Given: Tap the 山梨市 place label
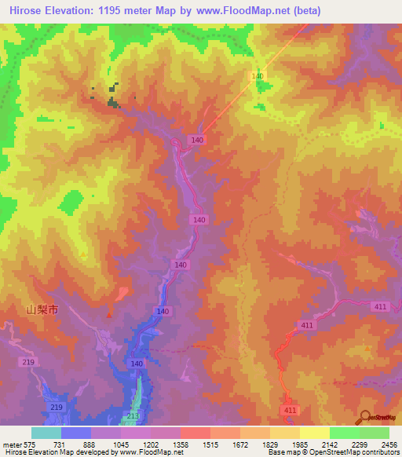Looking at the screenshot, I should tap(42, 310).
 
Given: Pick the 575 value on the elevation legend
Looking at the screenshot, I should tap(30, 444).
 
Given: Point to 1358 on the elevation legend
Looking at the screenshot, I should tap(181, 444).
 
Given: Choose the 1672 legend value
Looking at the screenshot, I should tap(240, 444).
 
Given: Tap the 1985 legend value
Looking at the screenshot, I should tap(300, 444).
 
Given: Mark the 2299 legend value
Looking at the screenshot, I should tap(360, 444).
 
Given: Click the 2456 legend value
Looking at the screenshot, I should tap(389, 444).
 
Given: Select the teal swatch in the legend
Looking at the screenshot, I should tap(46, 433).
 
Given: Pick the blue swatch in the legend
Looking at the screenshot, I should tap(75, 433).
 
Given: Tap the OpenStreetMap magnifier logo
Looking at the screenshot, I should tap(366, 418).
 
